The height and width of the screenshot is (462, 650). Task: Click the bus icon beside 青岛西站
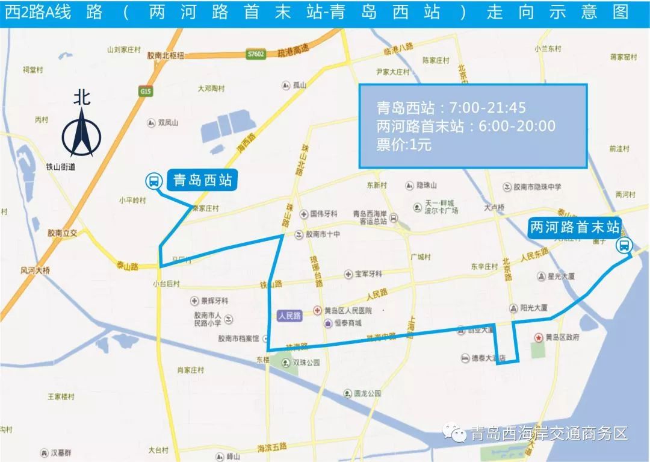153,180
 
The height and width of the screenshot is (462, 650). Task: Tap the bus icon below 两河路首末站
624,246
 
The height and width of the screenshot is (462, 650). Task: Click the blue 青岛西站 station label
202,180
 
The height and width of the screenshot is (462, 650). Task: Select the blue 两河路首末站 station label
574,228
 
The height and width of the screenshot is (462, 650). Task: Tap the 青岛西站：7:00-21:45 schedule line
451,108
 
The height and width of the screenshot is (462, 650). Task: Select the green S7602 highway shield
256,54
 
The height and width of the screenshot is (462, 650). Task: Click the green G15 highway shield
144,92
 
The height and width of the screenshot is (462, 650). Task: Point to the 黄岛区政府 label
563,337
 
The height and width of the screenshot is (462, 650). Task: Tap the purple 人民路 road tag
289,315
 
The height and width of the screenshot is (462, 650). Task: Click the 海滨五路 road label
272,447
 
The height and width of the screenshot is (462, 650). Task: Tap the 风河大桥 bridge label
36,270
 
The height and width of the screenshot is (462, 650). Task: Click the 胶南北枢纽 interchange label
166,55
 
